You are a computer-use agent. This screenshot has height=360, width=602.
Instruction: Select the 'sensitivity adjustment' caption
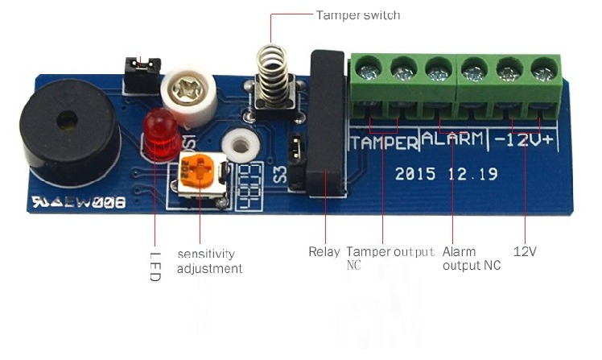(209, 261)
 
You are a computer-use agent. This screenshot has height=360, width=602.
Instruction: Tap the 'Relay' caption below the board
(324, 252)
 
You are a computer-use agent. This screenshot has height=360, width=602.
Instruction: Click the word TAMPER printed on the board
(384, 143)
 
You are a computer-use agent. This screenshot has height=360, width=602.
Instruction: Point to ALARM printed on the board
(453, 139)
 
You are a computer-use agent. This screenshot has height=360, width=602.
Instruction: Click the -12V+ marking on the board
(526, 139)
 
